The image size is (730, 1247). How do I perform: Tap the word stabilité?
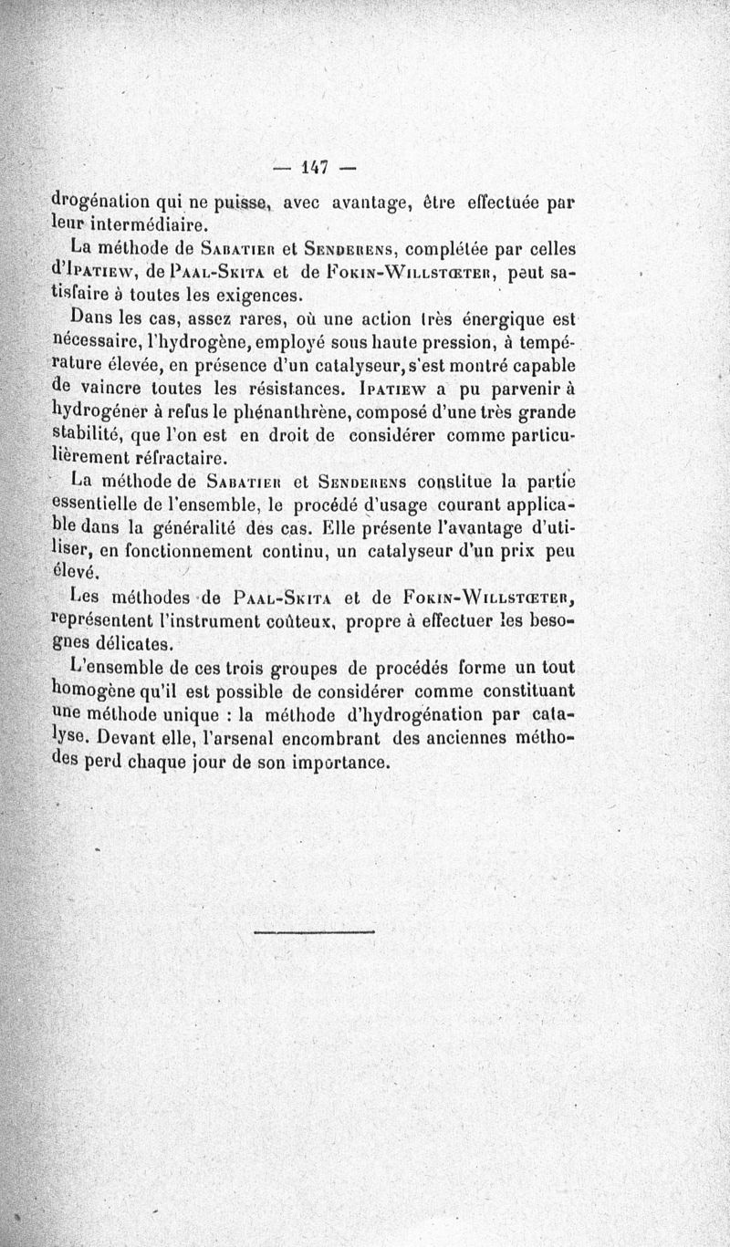click(89, 434)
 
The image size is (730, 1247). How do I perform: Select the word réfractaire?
click(177, 458)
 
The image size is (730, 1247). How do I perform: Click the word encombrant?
click(337, 738)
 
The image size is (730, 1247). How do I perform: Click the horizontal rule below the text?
click(314, 931)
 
